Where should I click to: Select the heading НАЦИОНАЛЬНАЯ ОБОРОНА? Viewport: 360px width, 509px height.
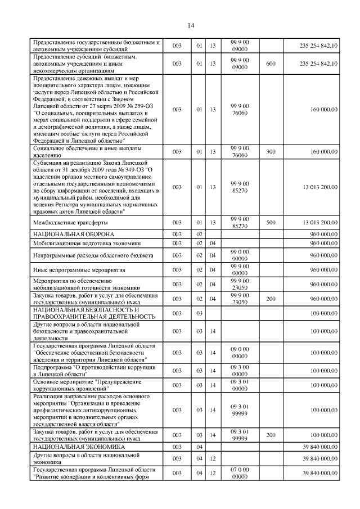tap(74, 233)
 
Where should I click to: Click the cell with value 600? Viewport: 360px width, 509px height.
tap(271, 64)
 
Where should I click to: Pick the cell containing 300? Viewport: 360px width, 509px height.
tap(271, 151)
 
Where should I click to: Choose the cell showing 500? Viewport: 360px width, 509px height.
tap(271, 222)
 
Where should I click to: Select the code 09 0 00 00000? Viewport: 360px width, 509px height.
tap(240, 352)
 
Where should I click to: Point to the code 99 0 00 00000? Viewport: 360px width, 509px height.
tap(240, 255)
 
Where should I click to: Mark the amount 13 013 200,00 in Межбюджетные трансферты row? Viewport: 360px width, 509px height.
tap(319, 222)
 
